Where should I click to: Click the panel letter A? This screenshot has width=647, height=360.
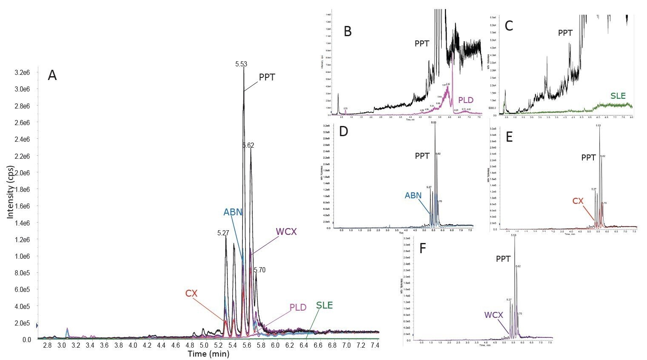tap(52, 76)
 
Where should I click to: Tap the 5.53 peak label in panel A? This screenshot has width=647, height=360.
tap(241, 64)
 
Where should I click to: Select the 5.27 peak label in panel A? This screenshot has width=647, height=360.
tap(223, 233)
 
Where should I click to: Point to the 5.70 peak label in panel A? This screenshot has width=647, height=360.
tap(259, 270)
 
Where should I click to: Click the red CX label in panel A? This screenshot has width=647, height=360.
tap(191, 293)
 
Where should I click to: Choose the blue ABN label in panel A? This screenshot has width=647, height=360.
tap(233, 212)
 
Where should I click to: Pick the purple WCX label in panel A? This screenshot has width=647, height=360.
tap(286, 232)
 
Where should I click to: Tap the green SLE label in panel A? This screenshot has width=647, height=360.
tap(324, 306)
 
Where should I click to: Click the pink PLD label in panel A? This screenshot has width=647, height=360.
tap(298, 307)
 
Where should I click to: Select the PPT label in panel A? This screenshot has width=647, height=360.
tap(267, 77)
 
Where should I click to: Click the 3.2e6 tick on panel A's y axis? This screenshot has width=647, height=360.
tap(23, 72)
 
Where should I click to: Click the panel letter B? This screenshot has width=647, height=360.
tap(348, 31)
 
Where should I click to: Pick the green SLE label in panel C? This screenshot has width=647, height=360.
tap(618, 96)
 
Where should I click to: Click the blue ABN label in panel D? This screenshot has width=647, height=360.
tap(413, 196)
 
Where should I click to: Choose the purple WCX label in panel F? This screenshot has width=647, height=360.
tap(493, 315)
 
